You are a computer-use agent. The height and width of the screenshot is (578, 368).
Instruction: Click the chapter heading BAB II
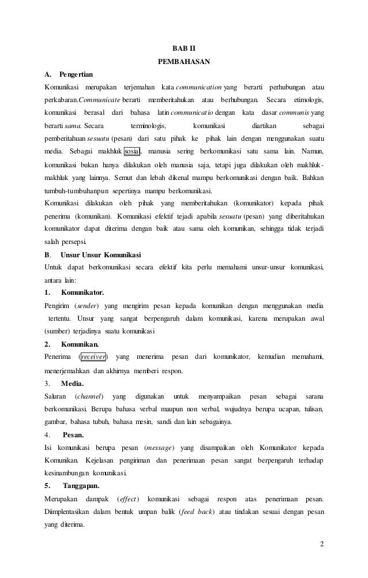[x=184, y=47]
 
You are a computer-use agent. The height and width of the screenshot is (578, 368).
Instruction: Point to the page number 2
[x=322, y=545]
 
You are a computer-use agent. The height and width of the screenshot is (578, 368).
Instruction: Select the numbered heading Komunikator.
[x=82, y=292]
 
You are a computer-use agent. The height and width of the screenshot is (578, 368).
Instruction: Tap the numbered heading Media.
[x=72, y=383]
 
